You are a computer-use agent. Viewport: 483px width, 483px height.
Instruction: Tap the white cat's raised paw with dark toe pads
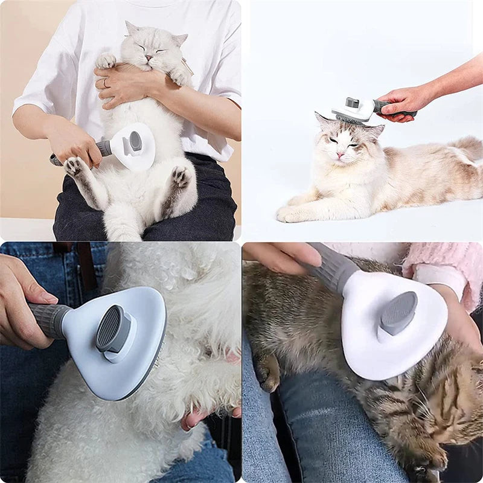point(74,166)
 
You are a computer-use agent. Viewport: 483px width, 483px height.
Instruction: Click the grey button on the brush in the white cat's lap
point(135,141)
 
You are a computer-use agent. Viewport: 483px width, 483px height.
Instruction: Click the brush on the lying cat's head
point(353,110)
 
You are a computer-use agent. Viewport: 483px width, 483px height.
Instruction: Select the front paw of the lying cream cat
point(290,213)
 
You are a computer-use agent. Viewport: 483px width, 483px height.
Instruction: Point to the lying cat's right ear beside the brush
point(374,130)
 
